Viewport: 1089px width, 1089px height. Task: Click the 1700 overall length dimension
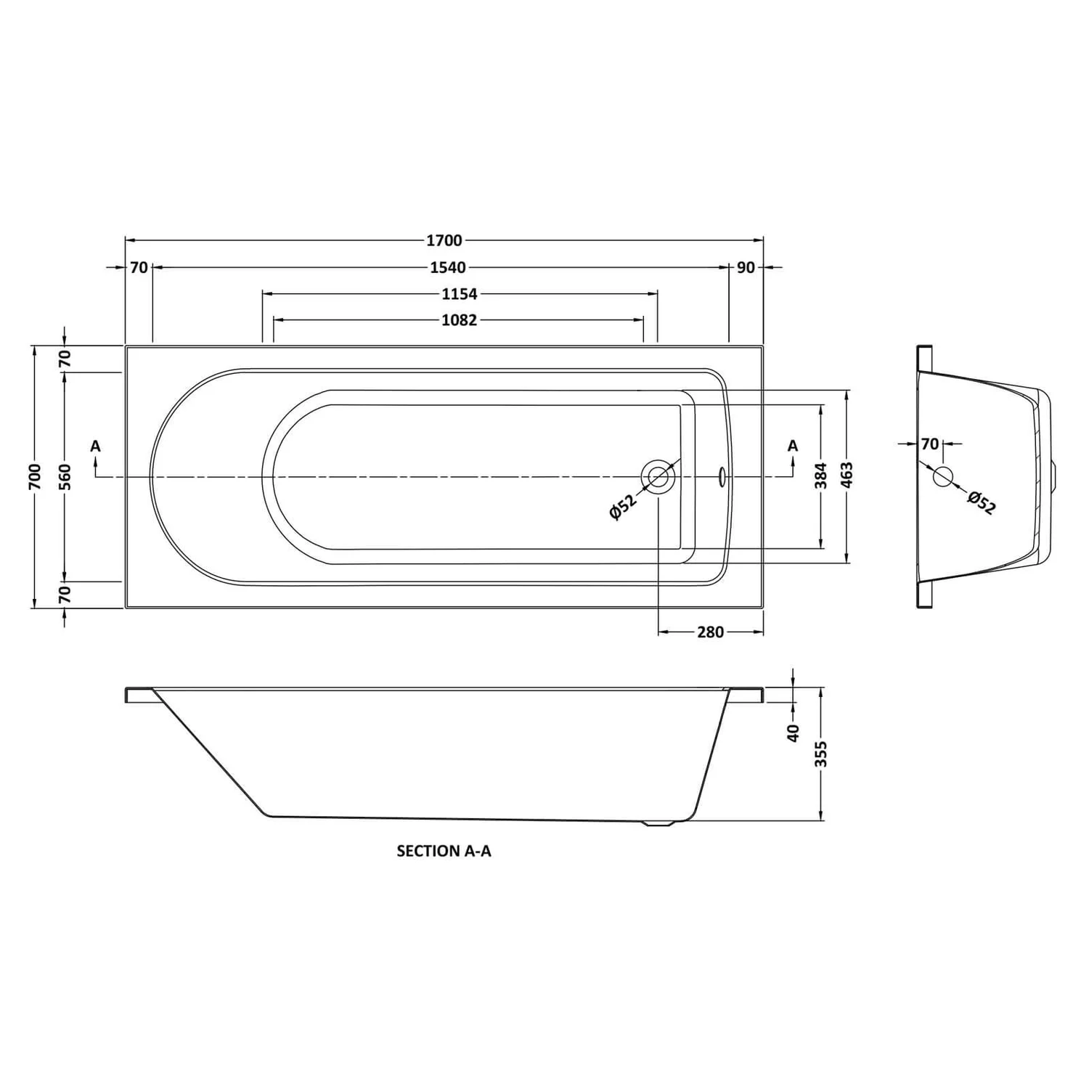(x=444, y=240)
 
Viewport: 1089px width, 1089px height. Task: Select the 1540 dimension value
(x=447, y=268)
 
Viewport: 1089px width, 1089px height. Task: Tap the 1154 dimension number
(x=460, y=294)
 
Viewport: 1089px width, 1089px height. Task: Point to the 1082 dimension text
(x=460, y=320)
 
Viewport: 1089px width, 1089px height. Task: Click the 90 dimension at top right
(x=746, y=268)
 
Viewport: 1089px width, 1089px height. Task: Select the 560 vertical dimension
(x=65, y=476)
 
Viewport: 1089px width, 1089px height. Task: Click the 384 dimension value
(x=822, y=476)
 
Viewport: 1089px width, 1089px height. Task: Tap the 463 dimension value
(x=847, y=476)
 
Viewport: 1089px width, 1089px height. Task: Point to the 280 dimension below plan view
(x=710, y=632)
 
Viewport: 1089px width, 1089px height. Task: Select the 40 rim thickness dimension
(x=793, y=732)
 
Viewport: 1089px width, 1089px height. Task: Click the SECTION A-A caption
(x=444, y=851)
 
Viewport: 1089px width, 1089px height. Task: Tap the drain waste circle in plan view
(x=658, y=477)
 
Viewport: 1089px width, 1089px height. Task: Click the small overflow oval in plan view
(x=721, y=476)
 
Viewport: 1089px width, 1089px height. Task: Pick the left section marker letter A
(x=96, y=446)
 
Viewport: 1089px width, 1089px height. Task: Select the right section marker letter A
(x=793, y=446)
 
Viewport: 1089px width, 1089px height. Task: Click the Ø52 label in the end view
(x=982, y=502)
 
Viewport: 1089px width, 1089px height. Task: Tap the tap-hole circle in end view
(x=942, y=477)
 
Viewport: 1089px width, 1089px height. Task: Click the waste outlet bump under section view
(x=659, y=823)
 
